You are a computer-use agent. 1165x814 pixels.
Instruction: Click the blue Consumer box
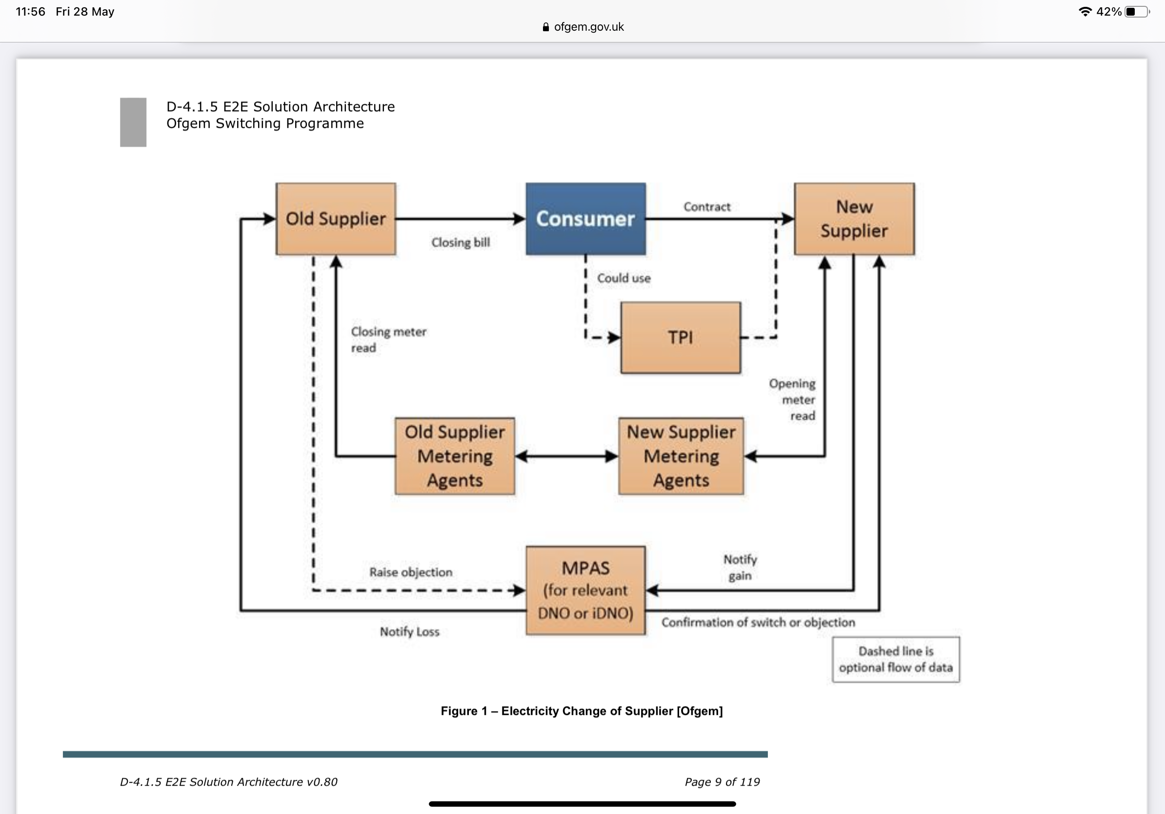(x=585, y=219)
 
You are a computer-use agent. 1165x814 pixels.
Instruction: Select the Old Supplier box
(x=335, y=219)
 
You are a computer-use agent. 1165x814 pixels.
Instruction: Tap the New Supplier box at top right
(x=854, y=219)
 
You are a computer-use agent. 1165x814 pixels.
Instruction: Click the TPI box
(x=681, y=338)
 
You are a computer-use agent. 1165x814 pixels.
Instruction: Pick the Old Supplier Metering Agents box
(x=455, y=456)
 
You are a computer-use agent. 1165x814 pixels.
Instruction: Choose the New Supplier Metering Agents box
(x=681, y=456)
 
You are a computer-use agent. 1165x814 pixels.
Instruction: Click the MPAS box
(x=585, y=590)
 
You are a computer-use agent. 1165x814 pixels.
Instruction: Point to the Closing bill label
(x=461, y=243)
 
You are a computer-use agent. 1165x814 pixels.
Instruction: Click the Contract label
(x=707, y=207)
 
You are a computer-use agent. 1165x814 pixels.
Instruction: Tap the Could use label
(x=623, y=278)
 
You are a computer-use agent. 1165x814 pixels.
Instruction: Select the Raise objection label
(x=410, y=572)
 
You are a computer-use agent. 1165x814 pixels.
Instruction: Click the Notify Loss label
(x=409, y=632)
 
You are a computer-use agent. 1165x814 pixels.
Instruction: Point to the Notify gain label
(x=740, y=568)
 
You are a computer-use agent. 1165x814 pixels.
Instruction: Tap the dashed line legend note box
(x=896, y=659)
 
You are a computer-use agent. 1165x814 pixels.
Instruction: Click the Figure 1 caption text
(x=582, y=711)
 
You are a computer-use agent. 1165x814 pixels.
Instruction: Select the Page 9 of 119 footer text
(x=722, y=782)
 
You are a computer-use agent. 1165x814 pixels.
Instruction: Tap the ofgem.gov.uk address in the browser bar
(x=588, y=27)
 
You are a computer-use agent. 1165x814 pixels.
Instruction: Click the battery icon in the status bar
(x=1137, y=12)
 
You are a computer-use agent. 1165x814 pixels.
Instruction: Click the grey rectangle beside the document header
(x=133, y=122)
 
